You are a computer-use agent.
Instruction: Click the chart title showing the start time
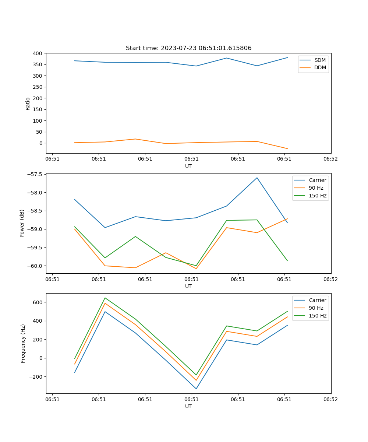click(x=188, y=48)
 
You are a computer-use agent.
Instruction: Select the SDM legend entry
click(x=320, y=60)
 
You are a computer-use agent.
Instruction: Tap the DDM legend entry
click(x=320, y=67)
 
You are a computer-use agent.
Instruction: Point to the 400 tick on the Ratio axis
click(x=37, y=53)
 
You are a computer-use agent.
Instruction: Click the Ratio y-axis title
click(x=28, y=104)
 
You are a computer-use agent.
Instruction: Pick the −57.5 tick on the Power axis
click(x=34, y=174)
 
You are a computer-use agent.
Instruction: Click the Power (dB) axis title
click(x=22, y=223)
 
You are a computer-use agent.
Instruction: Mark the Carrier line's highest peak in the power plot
click(x=257, y=178)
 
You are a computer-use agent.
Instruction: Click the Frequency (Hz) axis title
click(x=23, y=343)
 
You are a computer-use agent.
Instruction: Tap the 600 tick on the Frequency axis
click(x=37, y=302)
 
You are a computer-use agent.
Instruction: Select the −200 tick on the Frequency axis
click(x=35, y=377)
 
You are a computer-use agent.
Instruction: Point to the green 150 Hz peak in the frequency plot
click(x=105, y=298)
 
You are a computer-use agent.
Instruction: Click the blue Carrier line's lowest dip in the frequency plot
click(x=196, y=389)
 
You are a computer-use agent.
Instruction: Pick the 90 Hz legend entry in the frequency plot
click(x=316, y=308)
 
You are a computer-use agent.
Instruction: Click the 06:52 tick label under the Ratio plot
click(x=330, y=159)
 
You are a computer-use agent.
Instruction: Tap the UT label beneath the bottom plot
click(x=188, y=406)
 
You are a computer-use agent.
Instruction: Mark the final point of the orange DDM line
click(x=287, y=149)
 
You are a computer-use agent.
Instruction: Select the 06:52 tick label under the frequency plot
click(x=330, y=399)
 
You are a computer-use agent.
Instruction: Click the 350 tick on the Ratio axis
click(x=37, y=64)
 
